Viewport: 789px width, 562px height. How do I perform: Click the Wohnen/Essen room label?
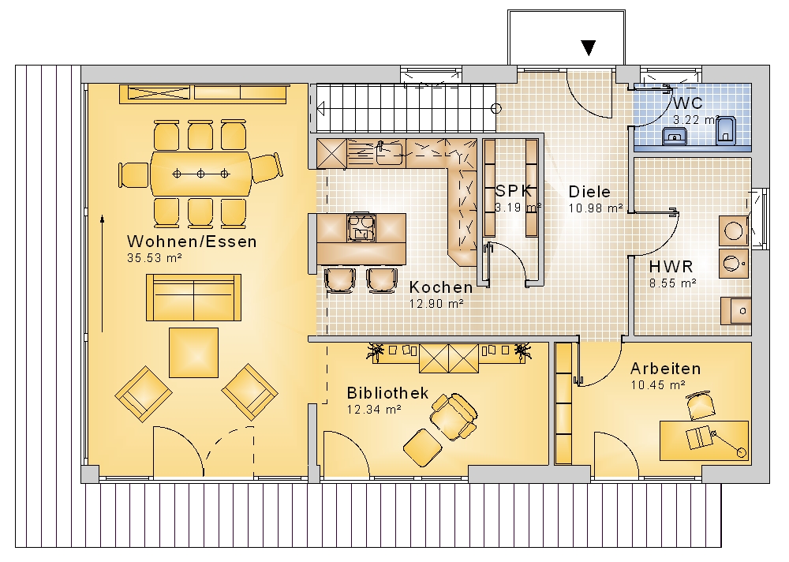192,242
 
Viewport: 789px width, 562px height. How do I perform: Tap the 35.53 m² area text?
154,258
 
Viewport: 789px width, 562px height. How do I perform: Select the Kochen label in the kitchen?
441,287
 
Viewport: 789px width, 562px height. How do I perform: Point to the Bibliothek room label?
387,393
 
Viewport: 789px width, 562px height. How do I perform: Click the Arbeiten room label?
665,369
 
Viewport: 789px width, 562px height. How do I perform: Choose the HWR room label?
671,266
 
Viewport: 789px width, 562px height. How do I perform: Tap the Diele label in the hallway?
589,192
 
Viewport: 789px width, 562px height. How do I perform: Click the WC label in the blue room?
687,103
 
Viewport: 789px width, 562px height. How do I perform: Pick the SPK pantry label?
514,191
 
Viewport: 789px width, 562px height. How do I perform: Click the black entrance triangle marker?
589,48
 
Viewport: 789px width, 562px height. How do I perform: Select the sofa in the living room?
194,298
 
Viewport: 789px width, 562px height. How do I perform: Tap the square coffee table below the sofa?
194,353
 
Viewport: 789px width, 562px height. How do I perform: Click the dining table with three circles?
200,174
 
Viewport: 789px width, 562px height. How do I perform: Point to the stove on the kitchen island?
361,227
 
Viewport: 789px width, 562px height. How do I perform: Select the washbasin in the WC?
675,136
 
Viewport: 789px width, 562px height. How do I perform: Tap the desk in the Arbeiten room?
705,440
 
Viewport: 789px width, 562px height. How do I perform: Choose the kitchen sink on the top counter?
389,154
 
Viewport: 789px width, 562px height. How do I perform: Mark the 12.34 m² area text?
374,410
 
